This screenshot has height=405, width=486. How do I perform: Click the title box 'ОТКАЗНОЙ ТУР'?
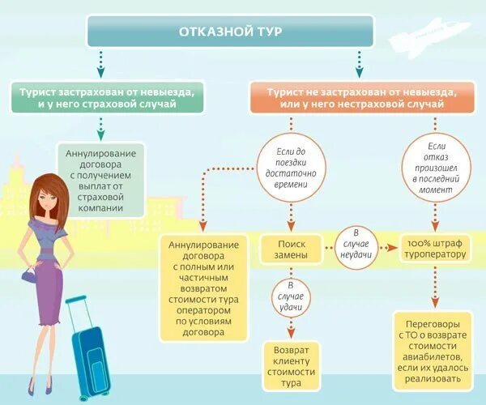tap(230, 32)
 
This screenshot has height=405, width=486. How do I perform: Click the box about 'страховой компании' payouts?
tap(102, 179)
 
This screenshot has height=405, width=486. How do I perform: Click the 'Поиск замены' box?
tap(292, 249)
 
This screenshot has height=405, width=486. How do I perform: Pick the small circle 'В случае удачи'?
tap(291, 298)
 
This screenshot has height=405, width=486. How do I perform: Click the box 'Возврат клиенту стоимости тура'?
tap(291, 360)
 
